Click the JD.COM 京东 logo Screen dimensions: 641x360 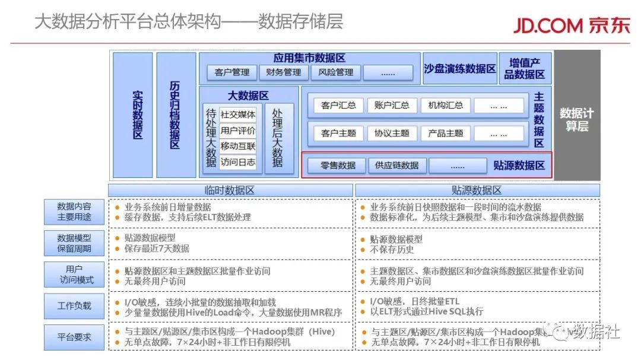coord(571,25)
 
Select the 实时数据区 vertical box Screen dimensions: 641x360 coord(132,114)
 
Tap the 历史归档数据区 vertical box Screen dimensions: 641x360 coord(176,114)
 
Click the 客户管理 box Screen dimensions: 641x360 coord(232,72)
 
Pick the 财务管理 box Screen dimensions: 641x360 coord(284,72)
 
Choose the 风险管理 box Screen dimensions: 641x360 coord(335,72)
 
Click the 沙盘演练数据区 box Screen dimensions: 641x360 coord(460,69)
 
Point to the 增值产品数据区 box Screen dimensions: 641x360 coord(525,69)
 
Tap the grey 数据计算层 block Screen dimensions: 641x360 coord(577,114)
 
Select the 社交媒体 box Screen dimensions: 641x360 coord(238,114)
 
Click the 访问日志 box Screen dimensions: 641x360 coord(238,162)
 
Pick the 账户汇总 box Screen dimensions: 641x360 coord(392,106)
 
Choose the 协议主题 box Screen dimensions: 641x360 coord(392,133)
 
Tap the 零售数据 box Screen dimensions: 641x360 coord(338,165)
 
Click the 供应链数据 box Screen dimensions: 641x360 coord(397,165)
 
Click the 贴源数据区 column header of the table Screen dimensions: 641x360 coord(477,190)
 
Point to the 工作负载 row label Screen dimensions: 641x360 coord(74,306)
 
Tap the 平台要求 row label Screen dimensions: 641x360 coord(74,337)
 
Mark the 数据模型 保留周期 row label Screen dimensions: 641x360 coord(74,243)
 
